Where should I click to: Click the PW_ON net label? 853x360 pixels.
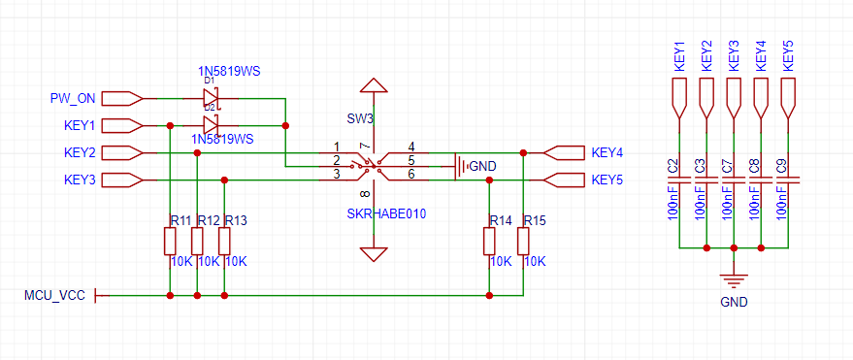point(73,99)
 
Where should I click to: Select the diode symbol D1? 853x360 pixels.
point(210,98)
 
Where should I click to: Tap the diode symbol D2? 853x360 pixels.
point(210,125)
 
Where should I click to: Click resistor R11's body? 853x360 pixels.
point(170,242)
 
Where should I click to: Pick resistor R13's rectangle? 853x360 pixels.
point(224,242)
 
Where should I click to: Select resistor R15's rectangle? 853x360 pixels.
point(523,242)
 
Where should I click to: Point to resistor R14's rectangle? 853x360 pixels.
point(490,242)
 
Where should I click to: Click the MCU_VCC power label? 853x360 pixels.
point(54,295)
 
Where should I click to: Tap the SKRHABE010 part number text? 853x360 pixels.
point(386,213)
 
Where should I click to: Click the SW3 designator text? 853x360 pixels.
point(360,118)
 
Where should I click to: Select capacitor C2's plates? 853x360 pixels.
point(678,180)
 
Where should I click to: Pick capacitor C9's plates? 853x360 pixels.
point(788,180)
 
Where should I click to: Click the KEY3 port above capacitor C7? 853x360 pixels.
point(734,98)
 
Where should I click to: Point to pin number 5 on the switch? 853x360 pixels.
point(411,160)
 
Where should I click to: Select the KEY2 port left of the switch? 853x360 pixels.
point(122,152)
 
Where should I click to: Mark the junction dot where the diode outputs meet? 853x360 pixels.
point(285,125)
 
